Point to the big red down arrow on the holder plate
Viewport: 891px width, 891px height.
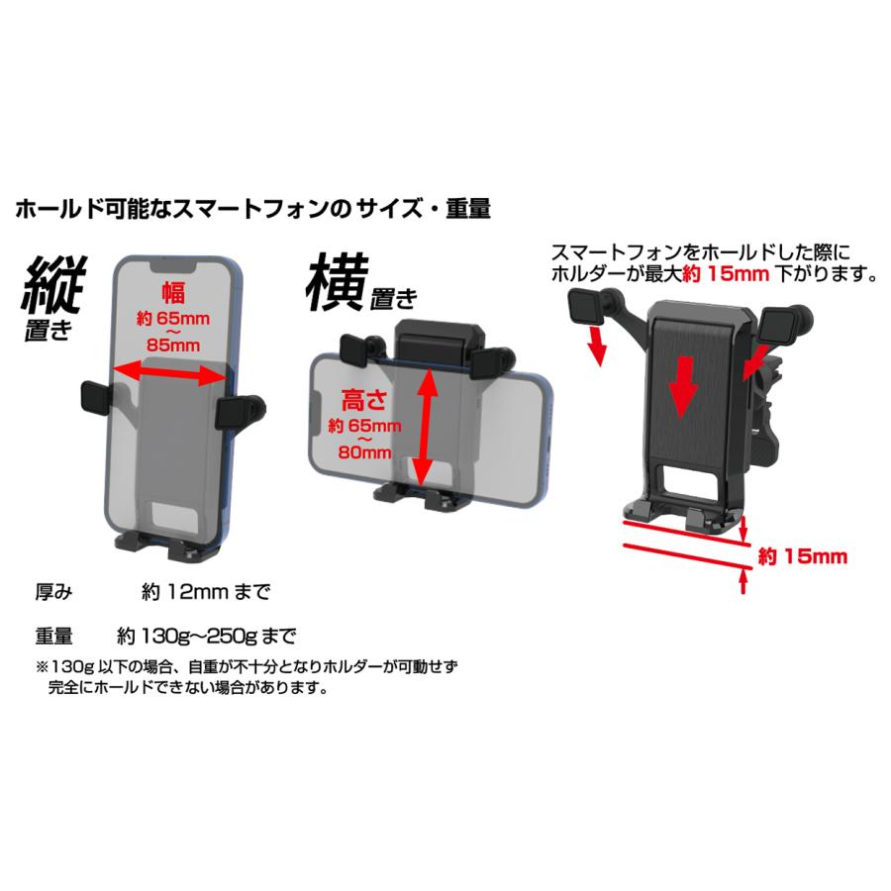[x=681, y=388]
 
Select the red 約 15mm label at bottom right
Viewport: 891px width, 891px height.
[x=802, y=556]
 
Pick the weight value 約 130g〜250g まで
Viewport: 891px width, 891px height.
[x=206, y=634]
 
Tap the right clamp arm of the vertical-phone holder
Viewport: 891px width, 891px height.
[x=237, y=409]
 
